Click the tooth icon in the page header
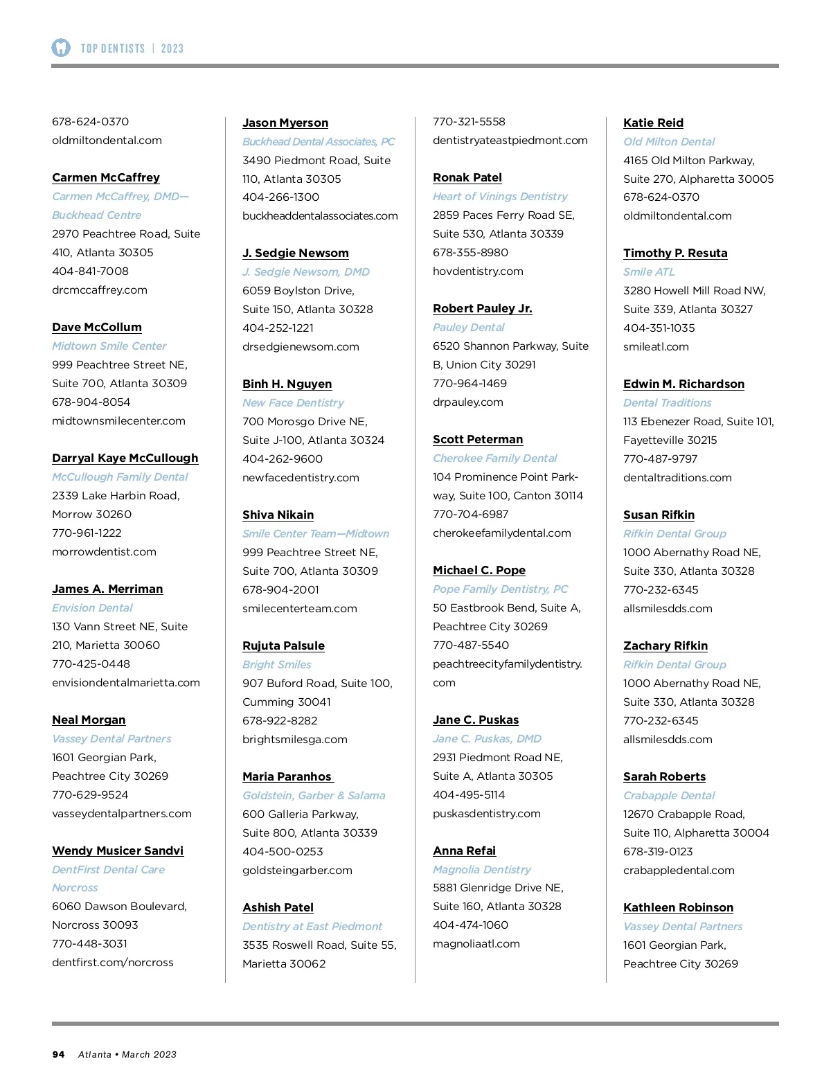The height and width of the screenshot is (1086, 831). (61, 48)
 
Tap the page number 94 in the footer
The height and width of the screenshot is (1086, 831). (58, 1054)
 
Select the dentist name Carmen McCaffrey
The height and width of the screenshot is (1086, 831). (106, 177)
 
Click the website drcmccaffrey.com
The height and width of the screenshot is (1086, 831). (100, 290)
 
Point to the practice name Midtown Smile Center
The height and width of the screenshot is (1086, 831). (109, 346)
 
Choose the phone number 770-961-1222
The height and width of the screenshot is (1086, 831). (87, 533)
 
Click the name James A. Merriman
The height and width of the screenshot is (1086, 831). (107, 589)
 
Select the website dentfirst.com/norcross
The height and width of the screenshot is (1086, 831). (113, 962)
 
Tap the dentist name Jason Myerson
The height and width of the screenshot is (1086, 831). (285, 123)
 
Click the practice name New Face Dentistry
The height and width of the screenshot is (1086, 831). (293, 402)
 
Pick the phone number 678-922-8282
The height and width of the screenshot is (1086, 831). (280, 720)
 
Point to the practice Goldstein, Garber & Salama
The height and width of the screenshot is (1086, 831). (314, 795)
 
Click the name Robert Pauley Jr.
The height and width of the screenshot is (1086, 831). (483, 308)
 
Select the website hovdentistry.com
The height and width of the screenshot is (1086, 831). (478, 271)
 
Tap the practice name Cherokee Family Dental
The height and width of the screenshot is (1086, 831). (494, 458)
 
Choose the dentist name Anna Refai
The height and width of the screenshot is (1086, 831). (464, 851)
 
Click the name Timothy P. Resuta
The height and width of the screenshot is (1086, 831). (675, 253)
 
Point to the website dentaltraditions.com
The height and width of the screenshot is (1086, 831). (677, 477)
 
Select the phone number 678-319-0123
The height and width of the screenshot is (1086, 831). (658, 851)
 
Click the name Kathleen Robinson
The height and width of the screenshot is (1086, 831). (678, 907)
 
